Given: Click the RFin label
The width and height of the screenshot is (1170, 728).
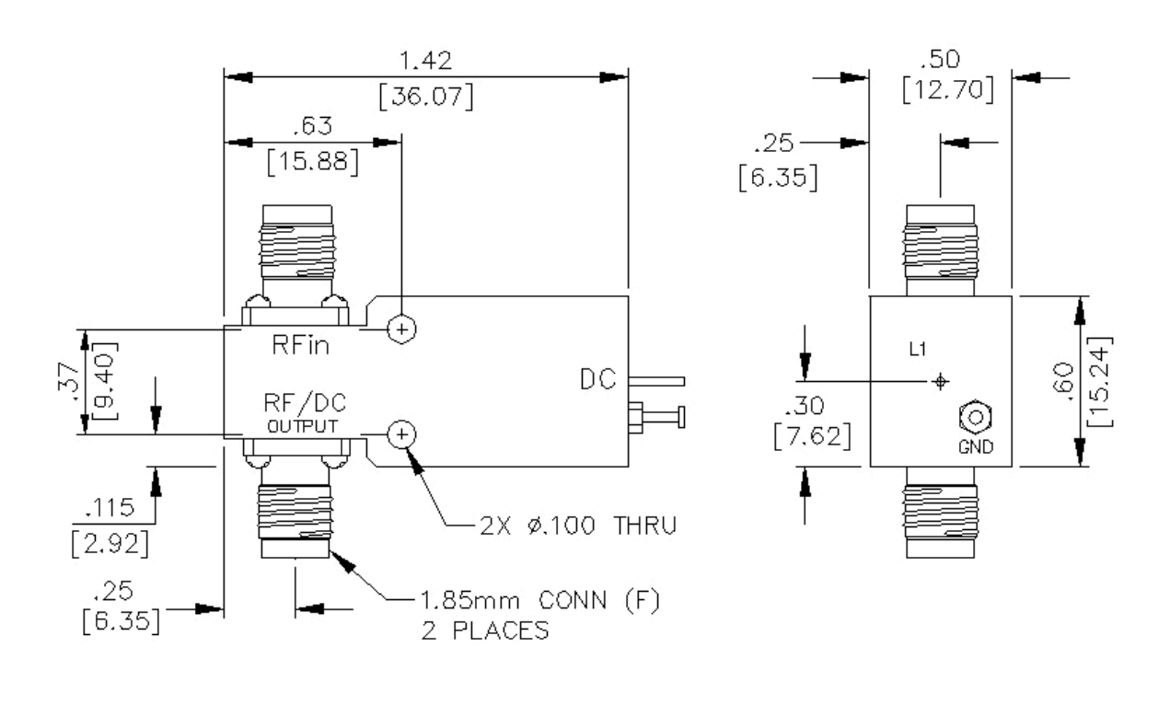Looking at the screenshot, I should point(300,347).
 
